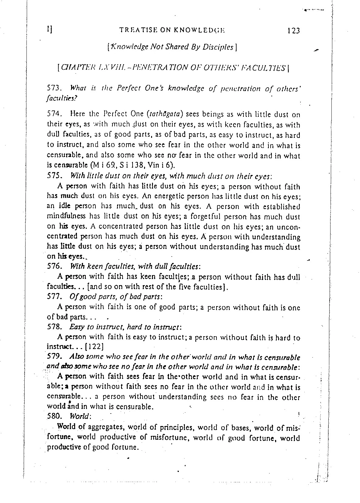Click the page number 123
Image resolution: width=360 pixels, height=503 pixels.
293,30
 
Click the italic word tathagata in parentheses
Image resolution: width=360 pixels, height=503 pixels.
164,114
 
